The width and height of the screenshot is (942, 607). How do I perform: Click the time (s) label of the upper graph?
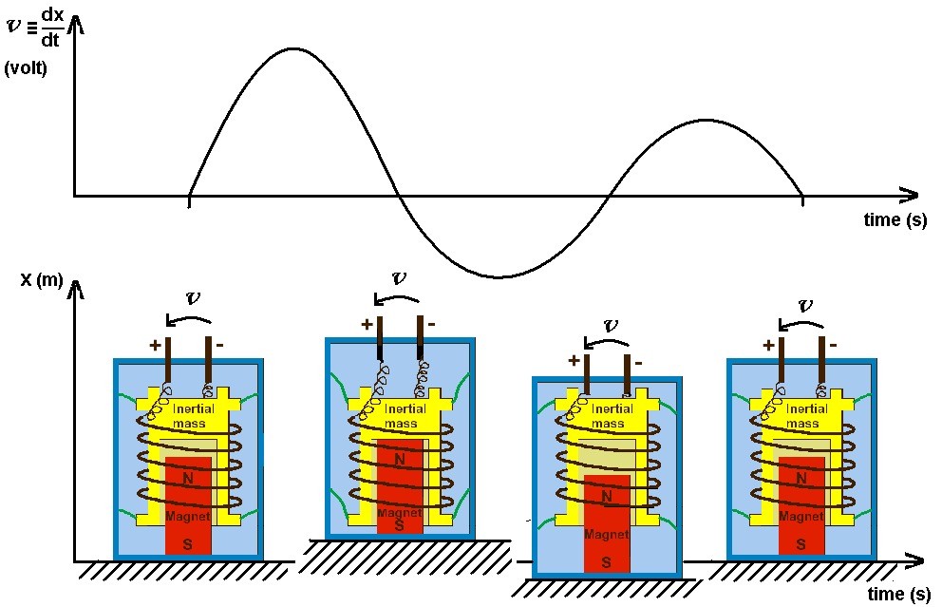[895, 220]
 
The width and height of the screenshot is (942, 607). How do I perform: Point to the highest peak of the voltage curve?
[292, 47]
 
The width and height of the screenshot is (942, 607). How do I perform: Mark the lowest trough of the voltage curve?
[499, 277]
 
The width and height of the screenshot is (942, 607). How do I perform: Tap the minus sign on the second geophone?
[431, 324]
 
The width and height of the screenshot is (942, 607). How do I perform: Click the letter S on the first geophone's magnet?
[187, 544]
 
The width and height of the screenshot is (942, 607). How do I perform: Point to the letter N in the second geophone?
[400, 460]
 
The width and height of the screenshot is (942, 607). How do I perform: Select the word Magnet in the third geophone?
[605, 535]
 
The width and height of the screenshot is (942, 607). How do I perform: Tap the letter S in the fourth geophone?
[801, 544]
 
